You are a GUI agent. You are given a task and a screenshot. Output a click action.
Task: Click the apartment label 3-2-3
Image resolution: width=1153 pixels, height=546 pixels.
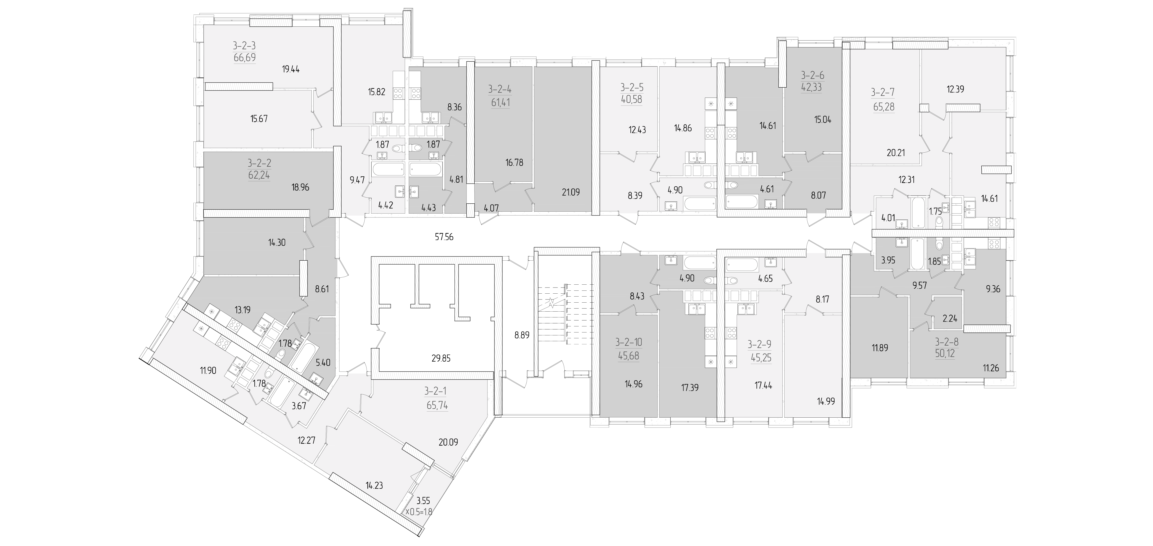[x=244, y=46]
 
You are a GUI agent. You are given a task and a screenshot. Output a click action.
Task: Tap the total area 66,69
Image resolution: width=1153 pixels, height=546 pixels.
[x=244, y=58]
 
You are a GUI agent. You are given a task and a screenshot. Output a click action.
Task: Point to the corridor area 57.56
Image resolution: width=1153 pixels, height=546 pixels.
[x=444, y=237]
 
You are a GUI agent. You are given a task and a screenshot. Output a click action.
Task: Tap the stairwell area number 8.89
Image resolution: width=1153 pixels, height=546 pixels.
[x=522, y=335]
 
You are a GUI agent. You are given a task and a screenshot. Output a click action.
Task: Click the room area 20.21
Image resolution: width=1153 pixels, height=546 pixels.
[x=896, y=153]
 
